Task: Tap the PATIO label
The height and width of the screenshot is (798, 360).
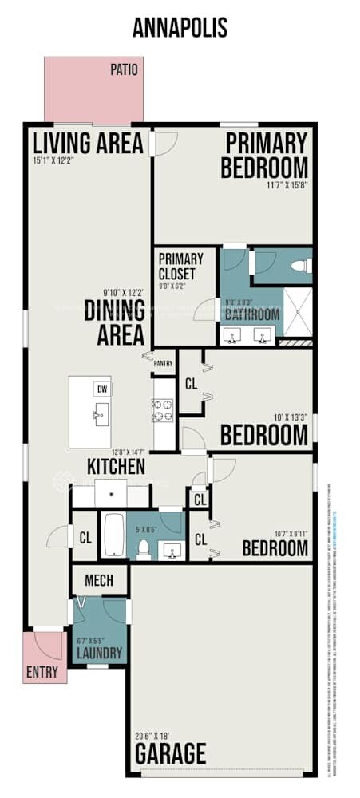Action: tap(124, 70)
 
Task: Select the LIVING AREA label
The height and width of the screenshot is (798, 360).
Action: tap(88, 144)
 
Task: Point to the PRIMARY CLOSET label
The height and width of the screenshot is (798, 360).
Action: tap(180, 265)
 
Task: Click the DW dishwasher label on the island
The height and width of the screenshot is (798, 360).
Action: tap(101, 389)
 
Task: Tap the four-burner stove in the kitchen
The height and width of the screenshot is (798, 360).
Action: tap(164, 410)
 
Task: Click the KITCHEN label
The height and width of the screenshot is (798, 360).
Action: tap(116, 466)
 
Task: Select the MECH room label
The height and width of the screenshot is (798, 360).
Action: tap(99, 580)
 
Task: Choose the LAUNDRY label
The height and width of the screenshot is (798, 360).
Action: tap(99, 654)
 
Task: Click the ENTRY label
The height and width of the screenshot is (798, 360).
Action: tap(42, 672)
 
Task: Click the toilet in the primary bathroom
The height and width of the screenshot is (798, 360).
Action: tap(300, 267)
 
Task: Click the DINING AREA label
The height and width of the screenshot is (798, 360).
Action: tap(114, 322)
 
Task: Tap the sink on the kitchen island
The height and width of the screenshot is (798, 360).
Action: tap(101, 413)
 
